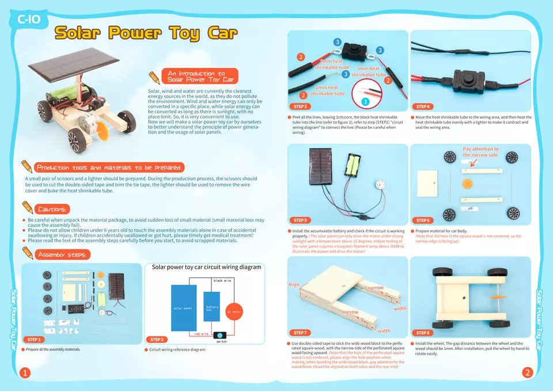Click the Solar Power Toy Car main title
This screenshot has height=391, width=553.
click(146, 33)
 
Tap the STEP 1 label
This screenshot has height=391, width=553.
click(34, 340)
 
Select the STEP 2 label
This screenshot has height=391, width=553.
click(157, 340)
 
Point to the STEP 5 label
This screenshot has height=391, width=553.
click(301, 220)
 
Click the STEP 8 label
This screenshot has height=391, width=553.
click(423, 333)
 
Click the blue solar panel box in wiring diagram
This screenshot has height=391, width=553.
click(184, 307)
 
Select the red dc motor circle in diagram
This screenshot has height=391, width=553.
click(236, 310)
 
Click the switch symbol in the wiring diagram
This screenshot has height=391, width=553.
click(221, 335)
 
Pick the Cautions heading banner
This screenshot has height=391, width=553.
click(52, 209)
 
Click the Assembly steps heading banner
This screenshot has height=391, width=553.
click(62, 255)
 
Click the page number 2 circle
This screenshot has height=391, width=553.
click(527, 373)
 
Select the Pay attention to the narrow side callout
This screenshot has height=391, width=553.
click(481, 152)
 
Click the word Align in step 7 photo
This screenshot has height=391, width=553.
click(294, 285)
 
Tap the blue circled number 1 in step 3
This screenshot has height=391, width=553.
click(364, 101)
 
